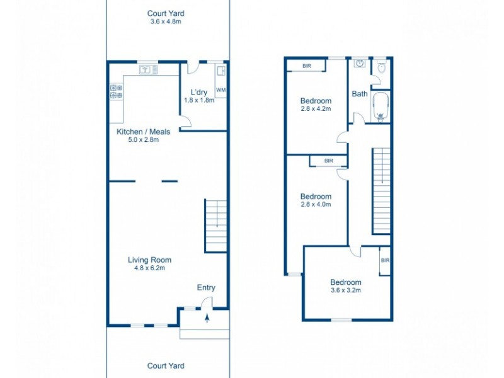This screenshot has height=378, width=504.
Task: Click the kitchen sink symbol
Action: (x=147, y=69)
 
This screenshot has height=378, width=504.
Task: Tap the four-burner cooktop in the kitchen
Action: (x=116, y=92)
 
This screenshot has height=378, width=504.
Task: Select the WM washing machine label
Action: (x=220, y=90)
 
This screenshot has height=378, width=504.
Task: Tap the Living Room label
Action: (x=149, y=260)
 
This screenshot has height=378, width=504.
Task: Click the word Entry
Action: (x=206, y=287)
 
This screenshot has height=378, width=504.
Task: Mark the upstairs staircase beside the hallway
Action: (x=381, y=190)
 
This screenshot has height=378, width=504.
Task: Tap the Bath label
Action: (x=360, y=94)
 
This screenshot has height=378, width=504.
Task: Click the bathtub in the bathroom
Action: (x=380, y=106)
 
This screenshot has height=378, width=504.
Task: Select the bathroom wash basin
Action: (x=360, y=64)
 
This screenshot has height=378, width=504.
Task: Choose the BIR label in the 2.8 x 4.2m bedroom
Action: (x=306, y=65)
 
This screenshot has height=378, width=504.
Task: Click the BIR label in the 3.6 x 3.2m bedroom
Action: (x=385, y=260)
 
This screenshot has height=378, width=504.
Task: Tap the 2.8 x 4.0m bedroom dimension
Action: (x=316, y=204)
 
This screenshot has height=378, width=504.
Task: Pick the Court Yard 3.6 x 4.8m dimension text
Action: (x=166, y=21)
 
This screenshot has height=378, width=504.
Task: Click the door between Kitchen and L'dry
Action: (x=185, y=123)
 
